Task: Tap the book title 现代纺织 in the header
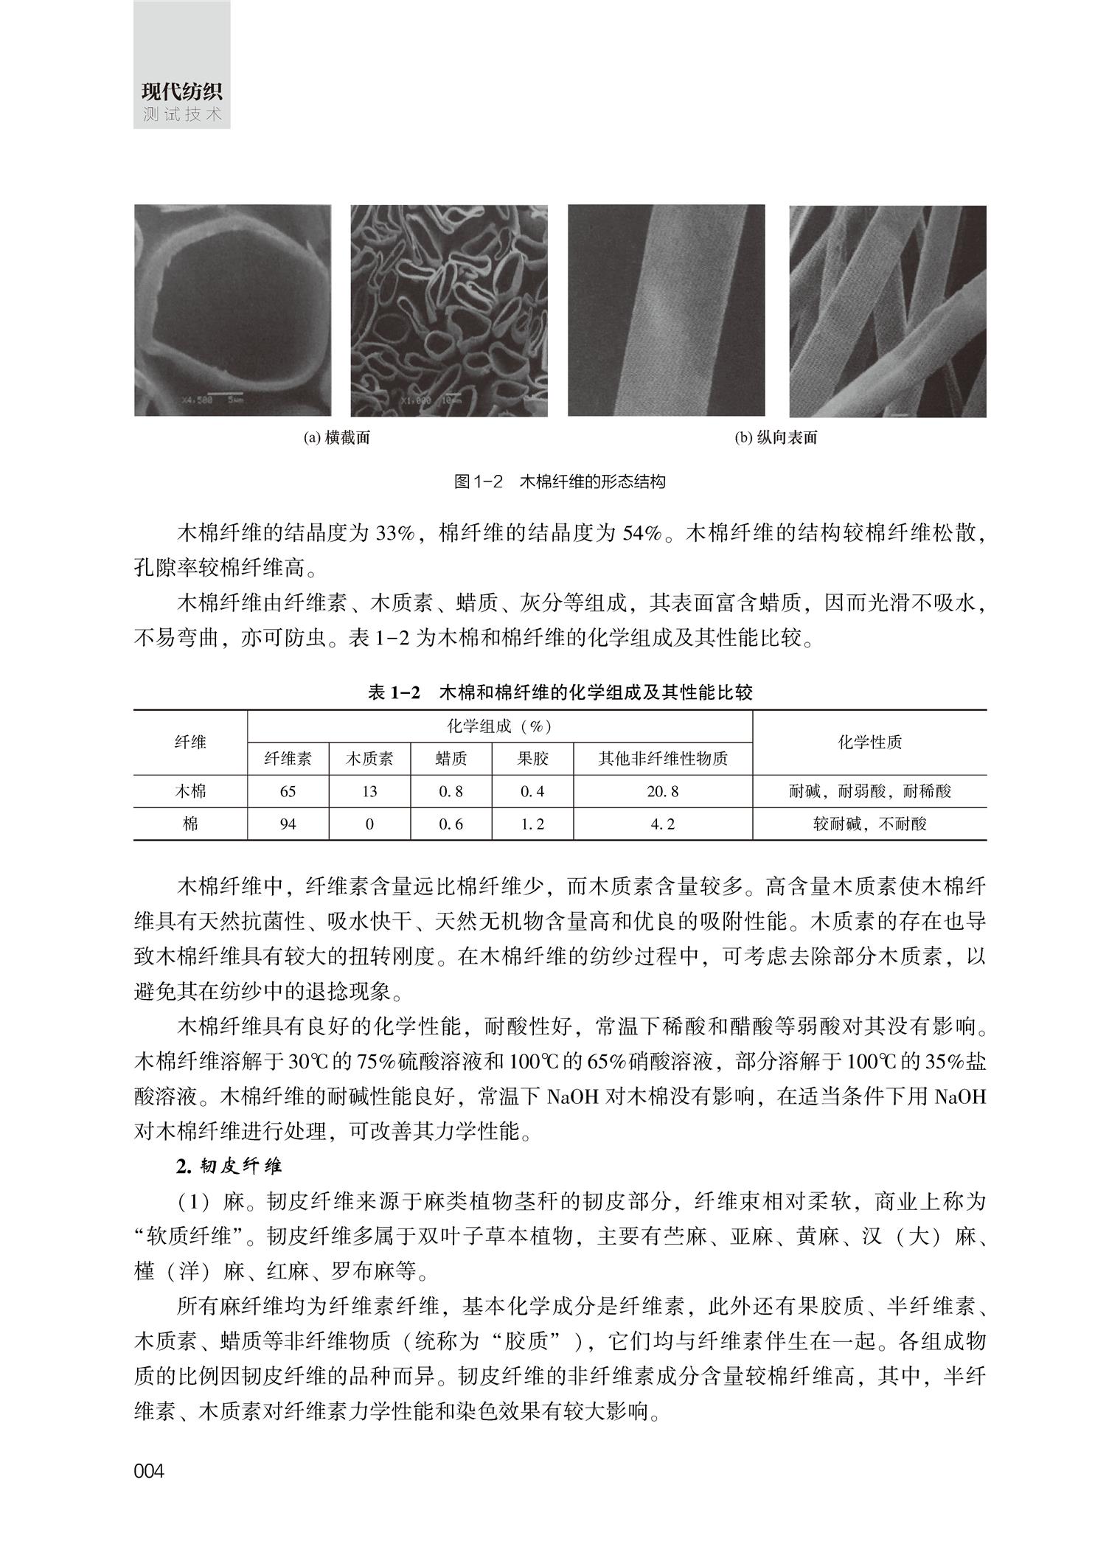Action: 182,93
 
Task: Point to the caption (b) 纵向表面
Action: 776,438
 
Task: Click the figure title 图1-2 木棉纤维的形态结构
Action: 560,482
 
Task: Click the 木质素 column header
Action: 369,758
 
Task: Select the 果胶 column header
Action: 532,758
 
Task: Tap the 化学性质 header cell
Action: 869,743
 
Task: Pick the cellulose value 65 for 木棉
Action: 288,792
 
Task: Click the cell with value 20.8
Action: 663,792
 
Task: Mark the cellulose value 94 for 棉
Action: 288,824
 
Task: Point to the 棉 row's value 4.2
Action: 663,824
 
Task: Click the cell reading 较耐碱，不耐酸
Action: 869,824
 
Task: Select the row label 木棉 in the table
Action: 190,792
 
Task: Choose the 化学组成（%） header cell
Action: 500,726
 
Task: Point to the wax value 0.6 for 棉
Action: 451,824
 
